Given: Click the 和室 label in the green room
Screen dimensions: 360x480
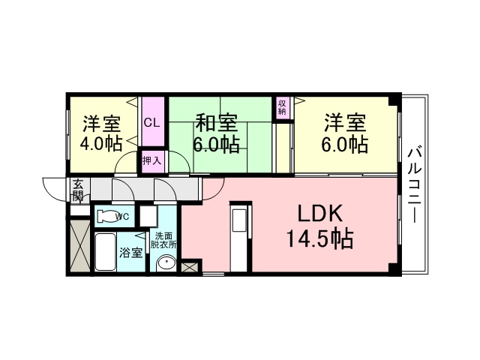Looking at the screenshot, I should [x=217, y=121].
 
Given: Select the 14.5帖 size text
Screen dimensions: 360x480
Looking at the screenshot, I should [x=319, y=240].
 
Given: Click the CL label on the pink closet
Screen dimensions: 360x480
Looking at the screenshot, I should [x=151, y=121].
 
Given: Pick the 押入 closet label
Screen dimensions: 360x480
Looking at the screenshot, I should [x=151, y=161].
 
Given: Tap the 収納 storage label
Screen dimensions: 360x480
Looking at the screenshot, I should [x=282, y=106].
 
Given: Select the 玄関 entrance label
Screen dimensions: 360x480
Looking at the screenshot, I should [x=77, y=190].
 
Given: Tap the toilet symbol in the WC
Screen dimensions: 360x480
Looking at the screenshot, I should [x=108, y=217].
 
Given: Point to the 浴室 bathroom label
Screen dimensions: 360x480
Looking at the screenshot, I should [x=131, y=253].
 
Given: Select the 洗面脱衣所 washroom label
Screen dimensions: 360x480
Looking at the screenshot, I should [x=163, y=240].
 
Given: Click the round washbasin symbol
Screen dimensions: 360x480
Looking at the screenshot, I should [x=166, y=265].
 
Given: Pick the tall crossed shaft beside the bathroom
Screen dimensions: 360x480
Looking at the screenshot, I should [x=79, y=245].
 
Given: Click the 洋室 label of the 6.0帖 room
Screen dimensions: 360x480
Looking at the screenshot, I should [x=345, y=121].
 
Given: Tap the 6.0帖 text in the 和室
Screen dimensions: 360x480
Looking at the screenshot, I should [x=217, y=144].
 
